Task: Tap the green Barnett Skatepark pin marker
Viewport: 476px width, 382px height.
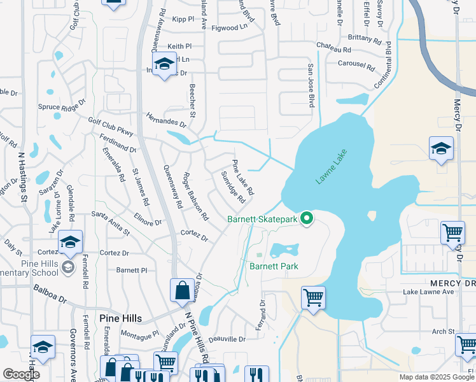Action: (x=307, y=219)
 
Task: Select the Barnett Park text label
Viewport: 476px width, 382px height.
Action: (x=274, y=266)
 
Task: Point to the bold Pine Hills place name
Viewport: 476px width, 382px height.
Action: (x=120, y=318)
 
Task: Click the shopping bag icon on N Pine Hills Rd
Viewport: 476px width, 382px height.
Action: (x=182, y=290)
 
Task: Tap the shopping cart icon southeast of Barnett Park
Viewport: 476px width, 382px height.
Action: (x=313, y=297)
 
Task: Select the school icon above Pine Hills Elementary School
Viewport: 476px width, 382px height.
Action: (x=70, y=241)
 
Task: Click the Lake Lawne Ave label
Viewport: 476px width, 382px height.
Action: (x=429, y=292)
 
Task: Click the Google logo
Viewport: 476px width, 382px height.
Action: (x=21, y=374)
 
